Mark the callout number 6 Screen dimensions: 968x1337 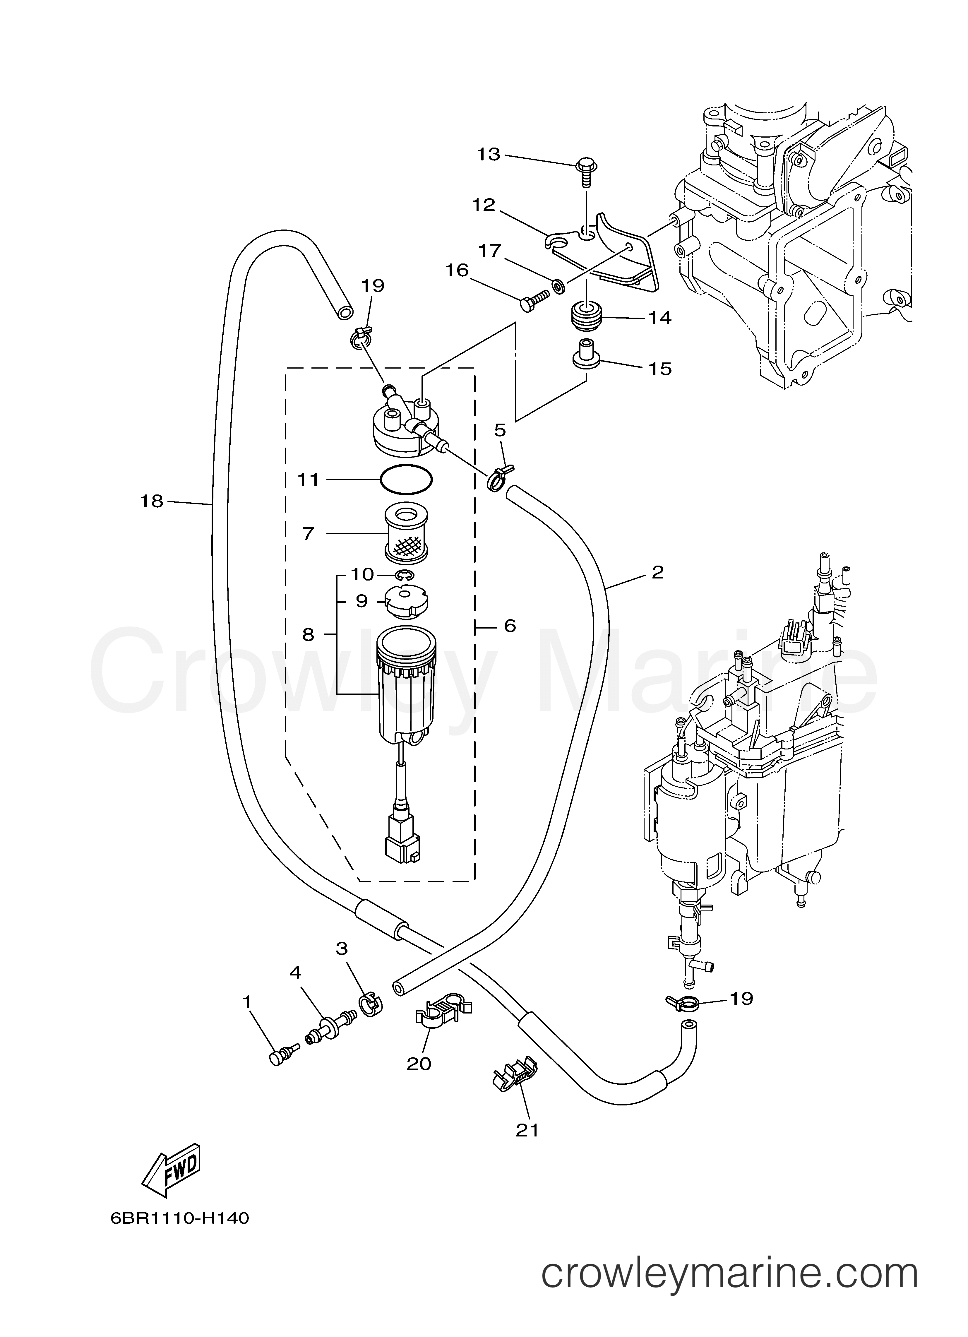tap(509, 626)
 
